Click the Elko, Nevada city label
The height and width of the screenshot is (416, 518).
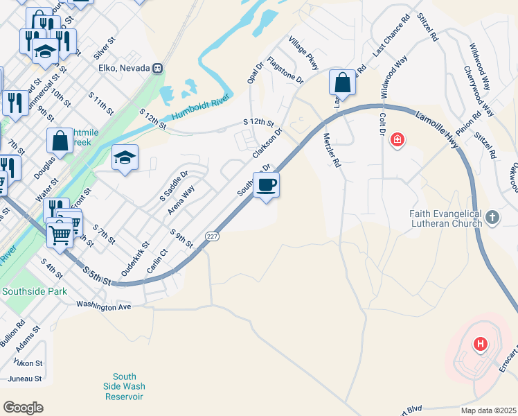click(x=125, y=68)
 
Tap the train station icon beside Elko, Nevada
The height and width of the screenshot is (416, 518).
click(x=159, y=68)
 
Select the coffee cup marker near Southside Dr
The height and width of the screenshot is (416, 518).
click(x=266, y=184)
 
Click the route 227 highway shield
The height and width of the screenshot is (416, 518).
click(x=213, y=236)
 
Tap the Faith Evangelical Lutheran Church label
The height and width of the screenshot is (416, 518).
click(x=445, y=218)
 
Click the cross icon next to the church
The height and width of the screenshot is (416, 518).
click(x=492, y=218)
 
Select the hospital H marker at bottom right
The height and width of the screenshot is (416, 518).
click(x=479, y=343)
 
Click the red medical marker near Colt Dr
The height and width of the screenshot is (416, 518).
click(x=397, y=139)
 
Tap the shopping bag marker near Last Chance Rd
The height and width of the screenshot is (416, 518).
click(x=343, y=83)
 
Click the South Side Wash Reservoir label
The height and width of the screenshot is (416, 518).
click(x=125, y=386)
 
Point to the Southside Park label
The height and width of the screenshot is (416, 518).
click(x=35, y=291)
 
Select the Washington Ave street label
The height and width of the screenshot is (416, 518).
click(x=104, y=305)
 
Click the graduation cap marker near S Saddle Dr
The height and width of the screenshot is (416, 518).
click(x=125, y=158)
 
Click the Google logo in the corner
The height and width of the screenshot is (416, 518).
click(x=23, y=408)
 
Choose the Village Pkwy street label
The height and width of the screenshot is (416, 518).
click(x=304, y=53)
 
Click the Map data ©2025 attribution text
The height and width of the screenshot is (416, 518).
click(x=488, y=410)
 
